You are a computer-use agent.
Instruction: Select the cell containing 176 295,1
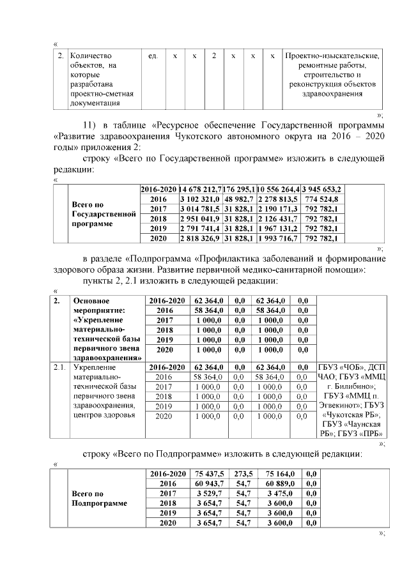[x=239, y=190]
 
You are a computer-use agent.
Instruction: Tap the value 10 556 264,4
[x=278, y=190]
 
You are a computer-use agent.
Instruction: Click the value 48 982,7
[x=239, y=199]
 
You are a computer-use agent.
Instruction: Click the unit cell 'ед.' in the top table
[x=153, y=57]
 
